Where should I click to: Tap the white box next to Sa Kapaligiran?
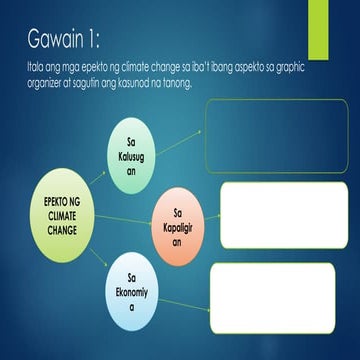(x=269, y=216)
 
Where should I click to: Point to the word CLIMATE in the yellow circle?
(x=61, y=216)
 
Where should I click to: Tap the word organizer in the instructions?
(x=49, y=82)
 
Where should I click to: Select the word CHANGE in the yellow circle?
(x=61, y=230)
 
